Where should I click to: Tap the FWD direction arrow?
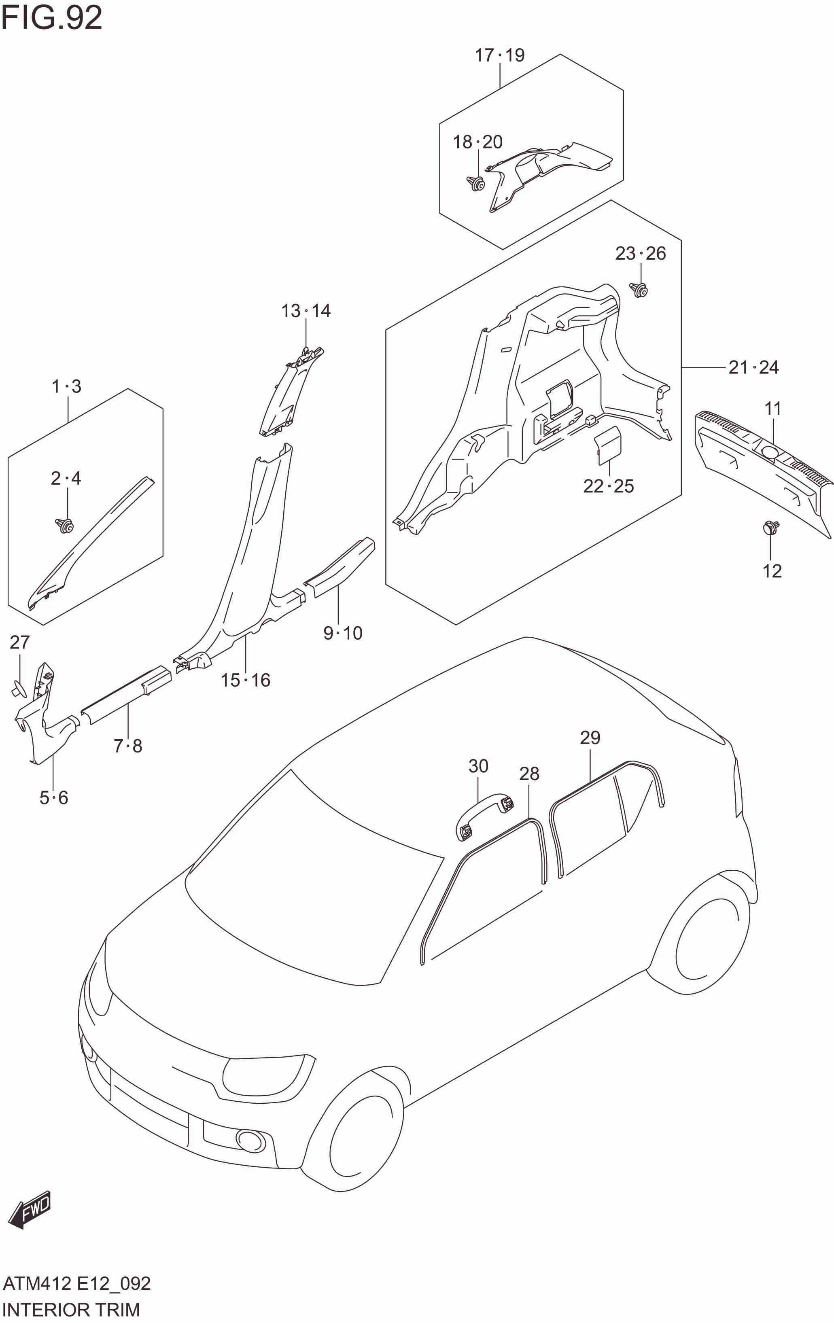tap(30, 1209)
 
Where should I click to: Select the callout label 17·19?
tap(499, 55)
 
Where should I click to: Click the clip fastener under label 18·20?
tap(476, 182)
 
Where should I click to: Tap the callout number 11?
tap(772, 408)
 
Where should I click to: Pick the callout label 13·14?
tap(306, 311)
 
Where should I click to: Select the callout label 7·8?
tap(128, 746)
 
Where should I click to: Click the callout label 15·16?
tap(246, 680)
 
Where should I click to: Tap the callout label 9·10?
tap(343, 633)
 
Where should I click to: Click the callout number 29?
tap(590, 737)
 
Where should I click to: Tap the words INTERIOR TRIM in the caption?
tap(72, 1310)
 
